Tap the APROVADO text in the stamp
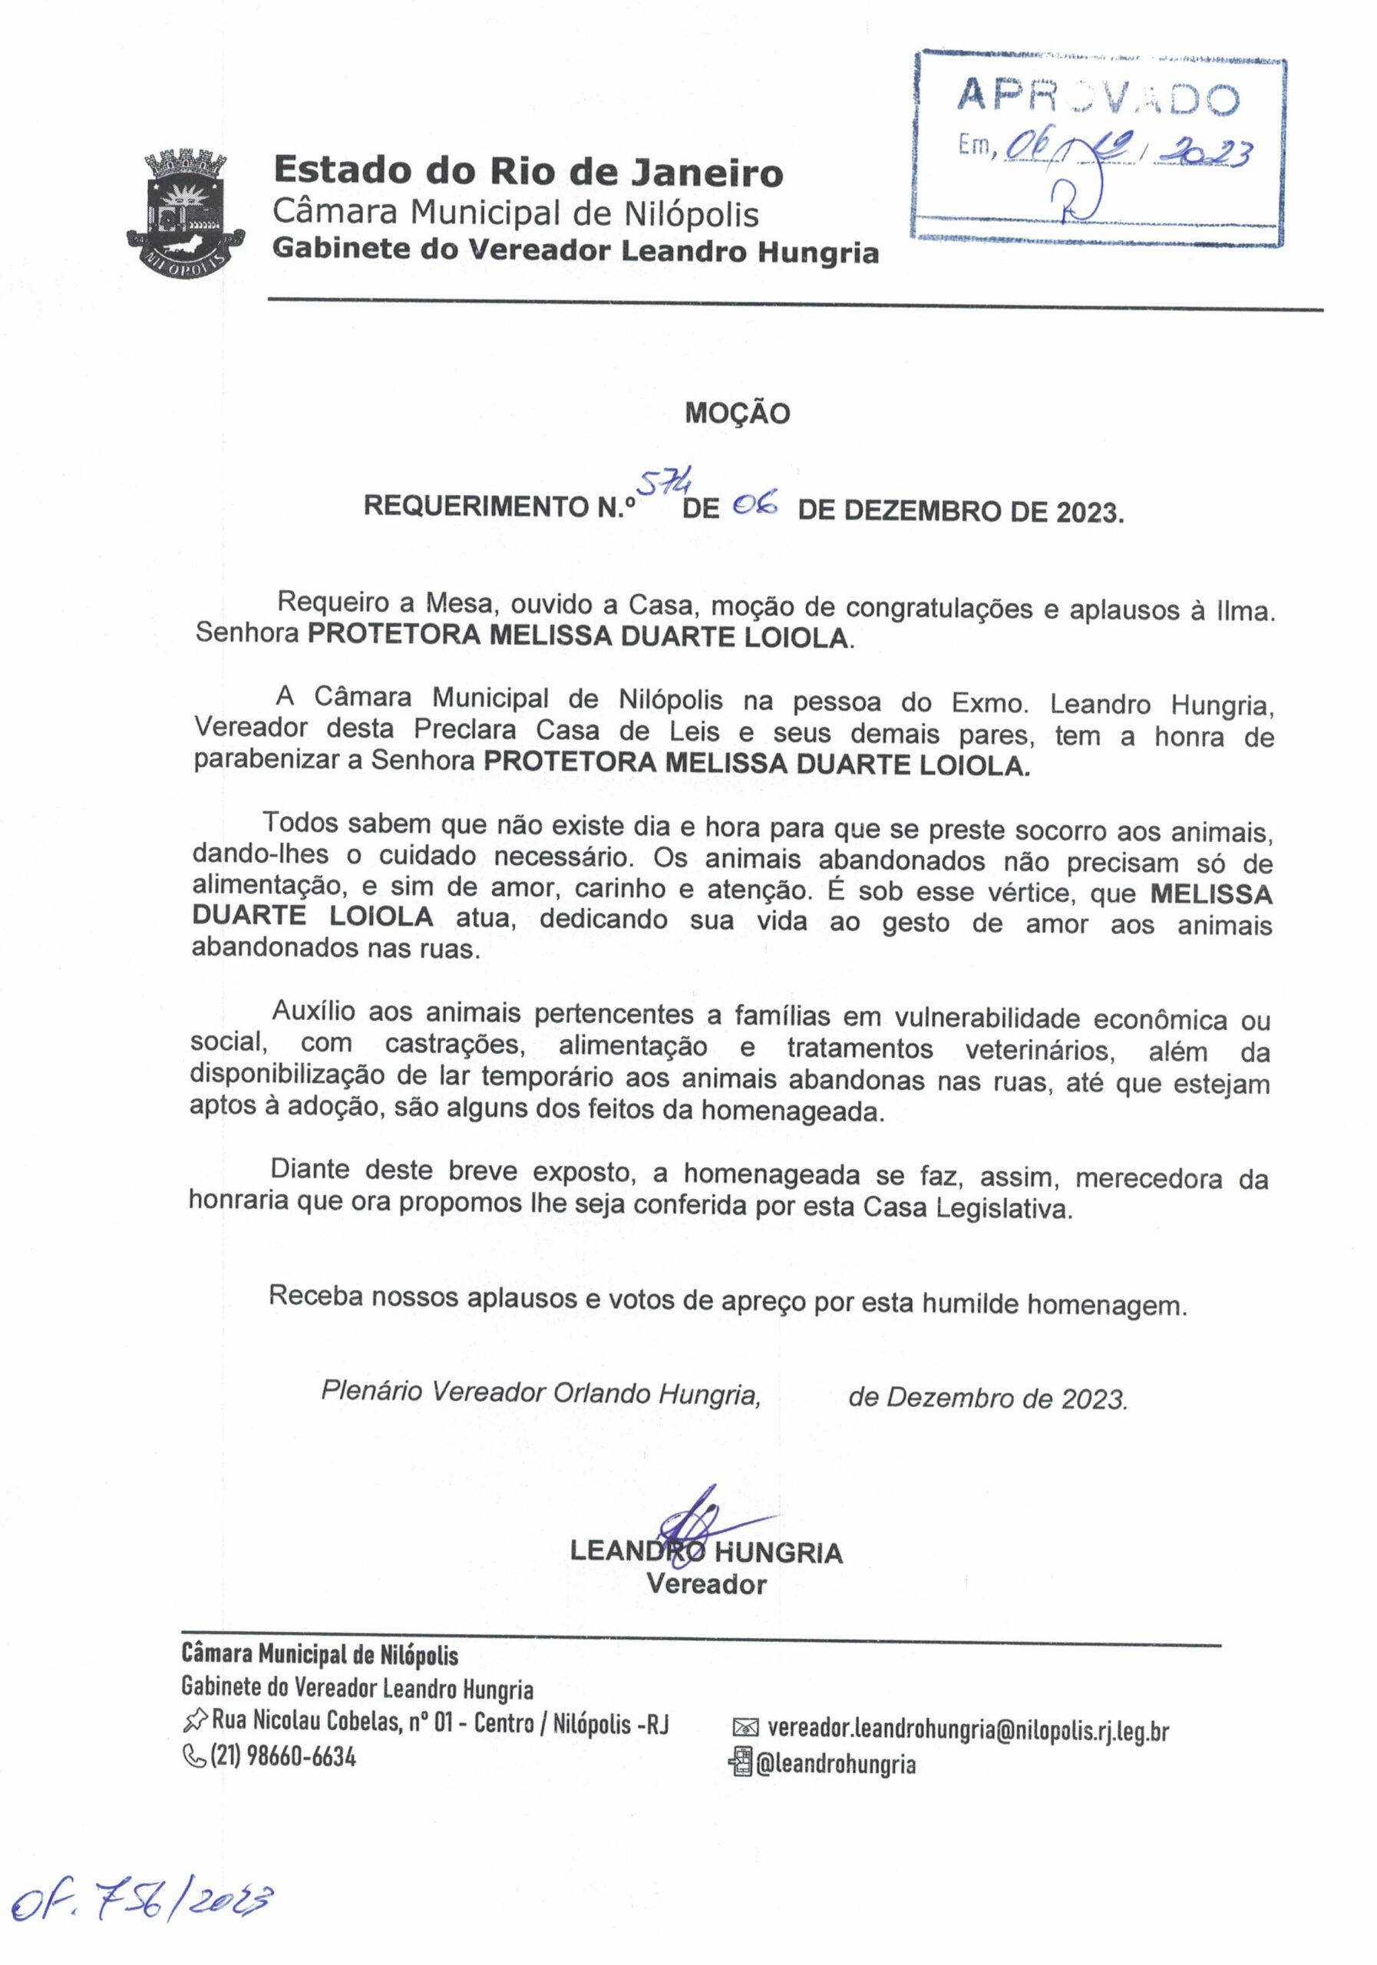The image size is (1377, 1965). [1097, 98]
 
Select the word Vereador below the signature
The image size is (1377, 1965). [706, 1584]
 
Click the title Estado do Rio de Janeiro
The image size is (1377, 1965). [528, 172]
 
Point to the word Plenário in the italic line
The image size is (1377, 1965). [371, 1392]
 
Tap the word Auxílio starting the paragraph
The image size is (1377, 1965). [313, 1012]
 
